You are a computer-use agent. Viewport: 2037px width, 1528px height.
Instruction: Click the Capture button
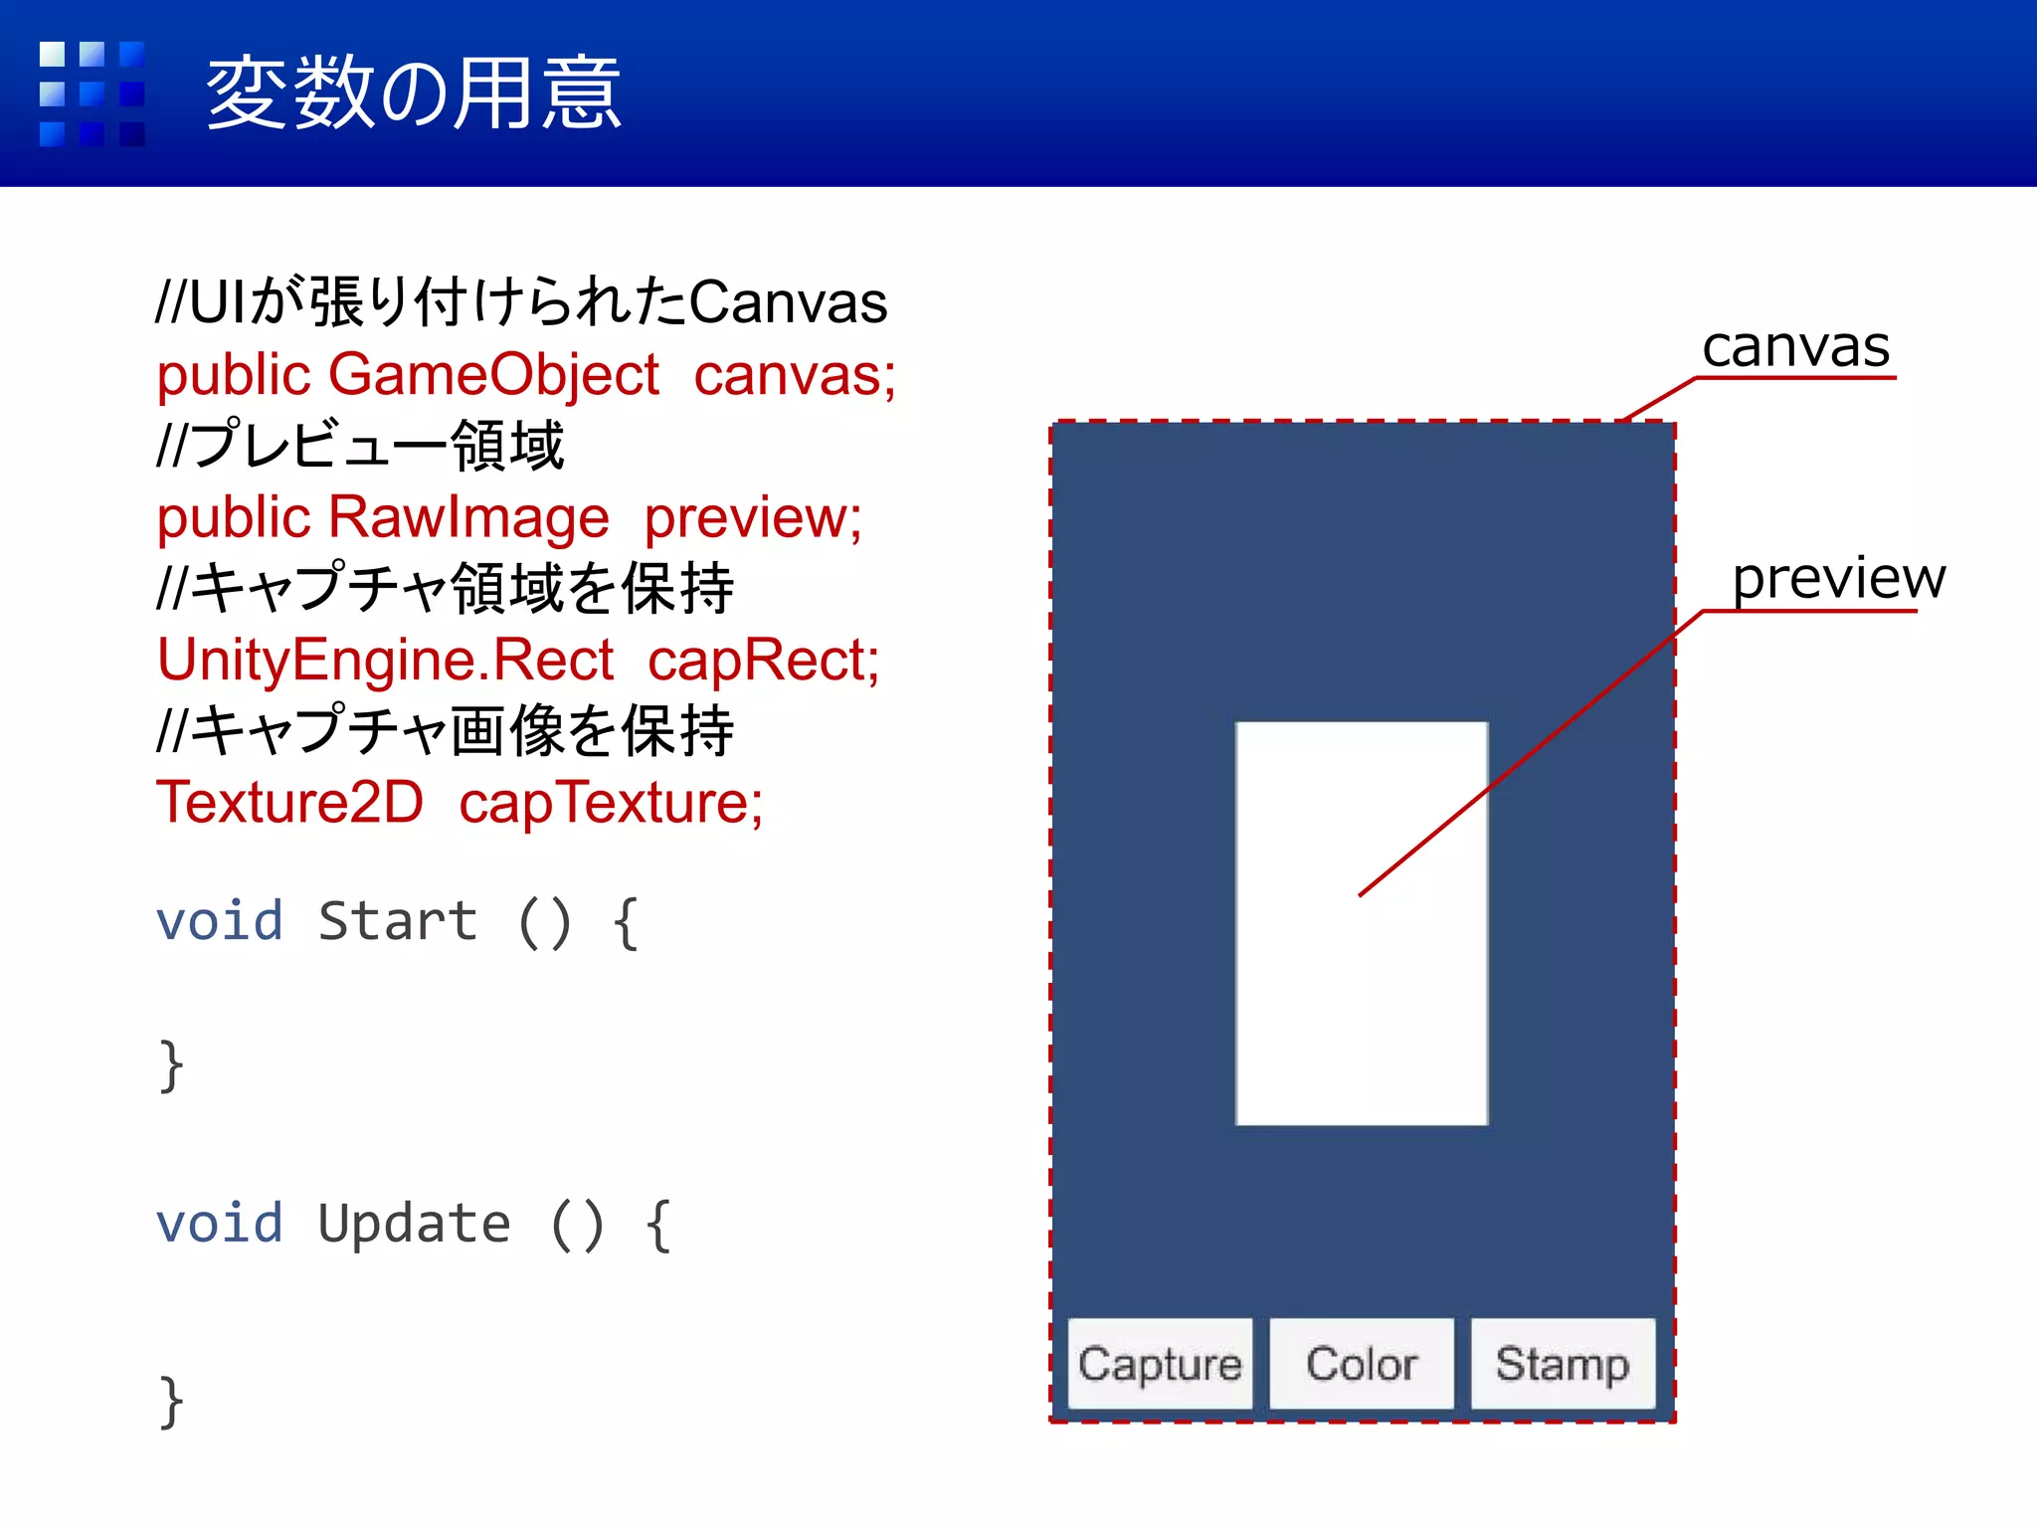click(1160, 1364)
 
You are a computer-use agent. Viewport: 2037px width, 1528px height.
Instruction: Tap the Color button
click(1362, 1364)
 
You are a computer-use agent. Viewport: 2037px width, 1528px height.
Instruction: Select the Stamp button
click(1563, 1364)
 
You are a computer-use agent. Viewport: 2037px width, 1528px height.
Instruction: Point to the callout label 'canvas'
click(1795, 347)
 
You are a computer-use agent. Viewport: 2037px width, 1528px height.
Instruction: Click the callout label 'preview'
click(1838, 578)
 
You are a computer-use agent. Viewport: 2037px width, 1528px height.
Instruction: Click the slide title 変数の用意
click(414, 94)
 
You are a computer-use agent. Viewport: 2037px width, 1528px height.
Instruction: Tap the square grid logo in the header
click(92, 94)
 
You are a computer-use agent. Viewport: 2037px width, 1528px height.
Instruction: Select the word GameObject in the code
click(493, 375)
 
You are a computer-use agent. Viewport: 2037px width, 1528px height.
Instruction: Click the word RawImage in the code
click(468, 517)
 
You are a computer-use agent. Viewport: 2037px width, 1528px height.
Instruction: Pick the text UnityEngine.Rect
click(386, 660)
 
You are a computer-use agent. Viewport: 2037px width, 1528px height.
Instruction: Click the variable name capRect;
click(764, 660)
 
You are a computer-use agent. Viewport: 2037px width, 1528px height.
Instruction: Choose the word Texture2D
click(290, 802)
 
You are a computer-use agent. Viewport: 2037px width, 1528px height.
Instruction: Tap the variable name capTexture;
click(611, 802)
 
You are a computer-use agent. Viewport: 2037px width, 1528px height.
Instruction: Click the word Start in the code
click(398, 921)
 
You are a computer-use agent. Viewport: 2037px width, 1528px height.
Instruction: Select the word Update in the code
click(414, 1224)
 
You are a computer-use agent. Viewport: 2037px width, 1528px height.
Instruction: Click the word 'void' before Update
click(220, 1224)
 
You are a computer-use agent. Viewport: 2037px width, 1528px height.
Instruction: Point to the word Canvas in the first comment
click(788, 302)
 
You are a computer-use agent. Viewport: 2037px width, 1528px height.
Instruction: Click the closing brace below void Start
click(171, 1065)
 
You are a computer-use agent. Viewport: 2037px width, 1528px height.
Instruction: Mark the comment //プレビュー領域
click(360, 445)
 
